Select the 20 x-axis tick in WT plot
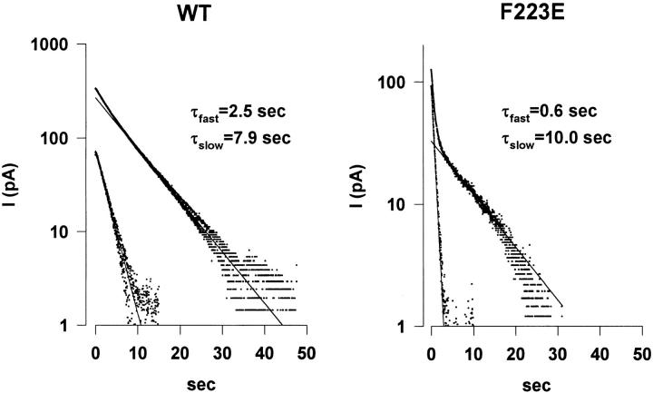point(180,350)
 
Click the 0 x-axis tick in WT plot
point(96,350)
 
